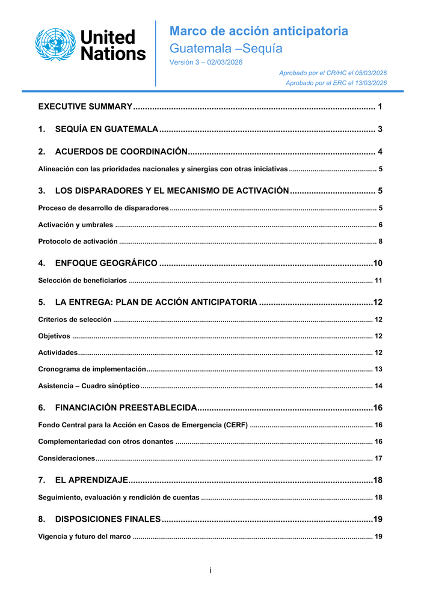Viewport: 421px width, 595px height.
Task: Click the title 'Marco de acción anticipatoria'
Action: (259, 31)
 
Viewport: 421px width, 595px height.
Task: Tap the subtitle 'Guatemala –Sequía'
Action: (226, 49)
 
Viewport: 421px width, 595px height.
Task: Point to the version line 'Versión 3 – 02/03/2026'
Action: (206, 63)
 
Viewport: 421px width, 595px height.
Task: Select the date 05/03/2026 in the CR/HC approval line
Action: (369, 73)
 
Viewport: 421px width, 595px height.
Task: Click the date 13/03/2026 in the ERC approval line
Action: (369, 83)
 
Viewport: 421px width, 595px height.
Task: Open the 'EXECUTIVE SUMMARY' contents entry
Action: (85, 107)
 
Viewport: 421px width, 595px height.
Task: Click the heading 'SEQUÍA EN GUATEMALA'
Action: (106, 129)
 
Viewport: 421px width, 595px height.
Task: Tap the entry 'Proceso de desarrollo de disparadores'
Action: (103, 208)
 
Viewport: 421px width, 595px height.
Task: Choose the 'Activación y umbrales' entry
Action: (75, 225)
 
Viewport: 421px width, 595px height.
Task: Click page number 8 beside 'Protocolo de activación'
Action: (380, 242)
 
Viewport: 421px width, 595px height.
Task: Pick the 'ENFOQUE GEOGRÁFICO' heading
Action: (106, 263)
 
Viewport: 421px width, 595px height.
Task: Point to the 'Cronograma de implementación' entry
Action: (92, 369)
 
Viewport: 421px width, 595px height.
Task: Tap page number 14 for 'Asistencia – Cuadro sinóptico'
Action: (378, 386)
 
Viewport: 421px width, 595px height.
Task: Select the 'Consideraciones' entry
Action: (66, 459)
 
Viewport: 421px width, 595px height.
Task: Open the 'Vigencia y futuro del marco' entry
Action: (84, 536)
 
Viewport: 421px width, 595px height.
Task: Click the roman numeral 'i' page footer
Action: (210, 570)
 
